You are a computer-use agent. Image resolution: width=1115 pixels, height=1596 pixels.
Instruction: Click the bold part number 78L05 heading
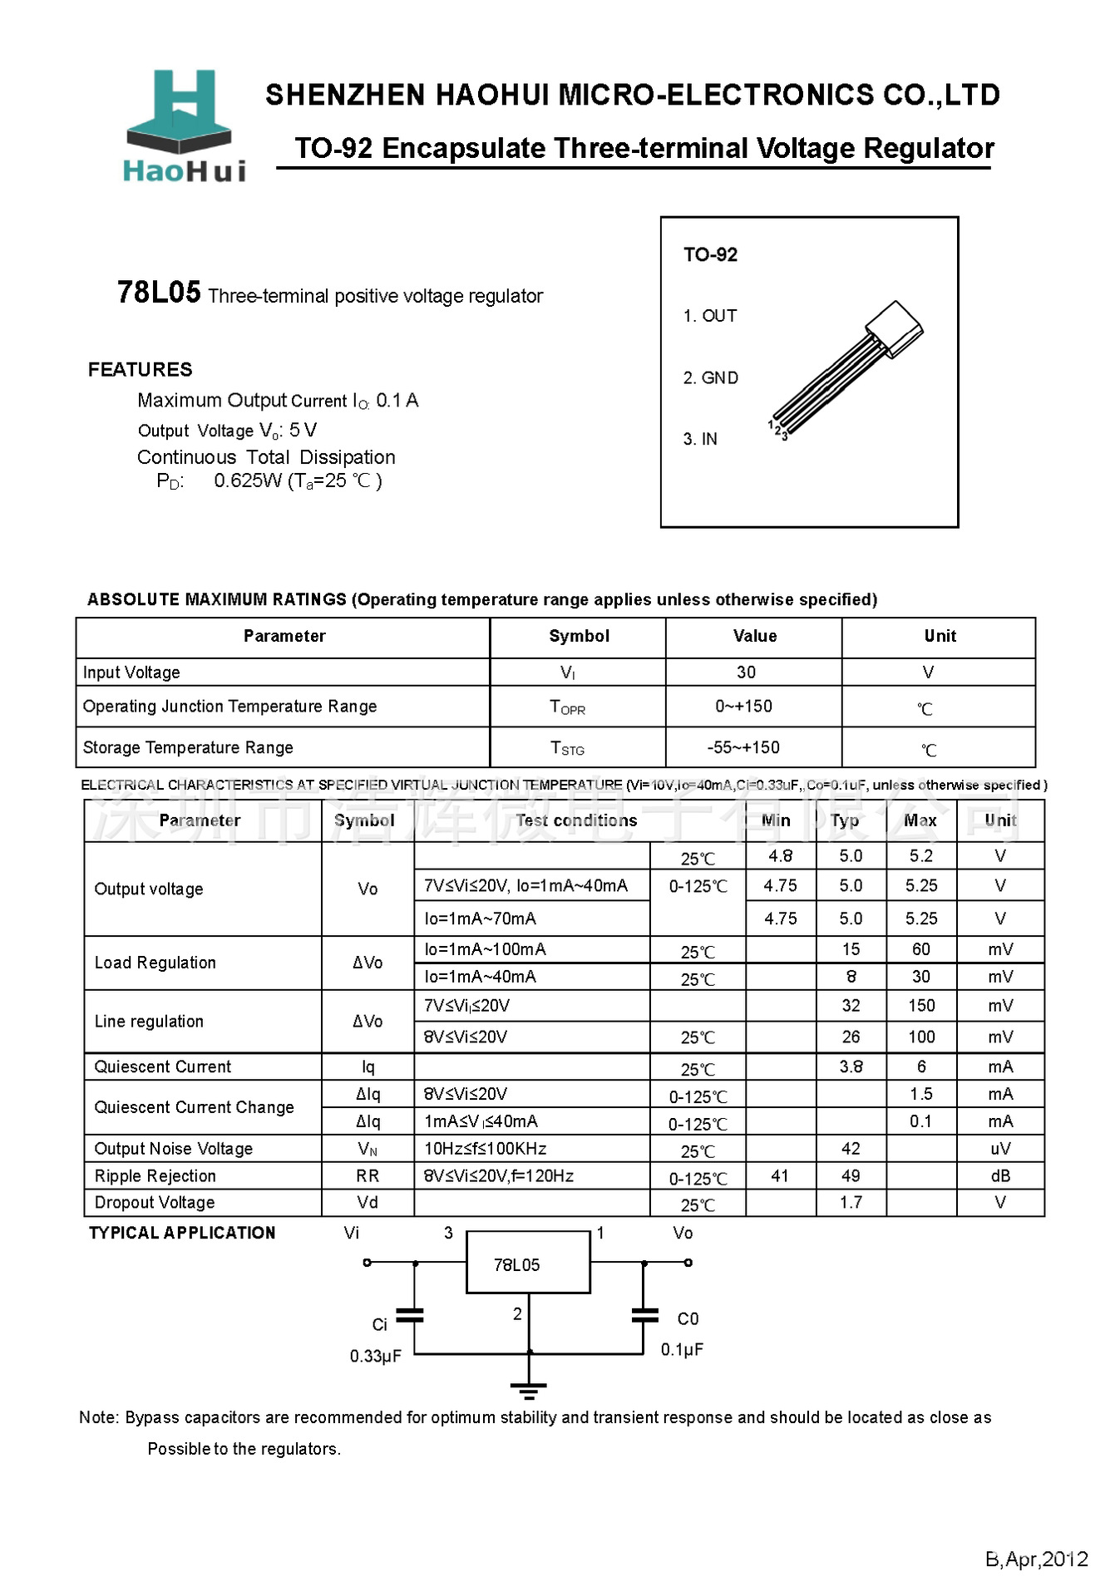click(159, 292)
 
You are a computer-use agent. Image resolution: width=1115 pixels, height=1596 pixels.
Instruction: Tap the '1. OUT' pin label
click(709, 316)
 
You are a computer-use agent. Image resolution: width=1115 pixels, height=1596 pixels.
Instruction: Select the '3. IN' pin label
click(699, 439)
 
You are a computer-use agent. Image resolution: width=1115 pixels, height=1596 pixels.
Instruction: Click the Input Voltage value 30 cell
click(746, 672)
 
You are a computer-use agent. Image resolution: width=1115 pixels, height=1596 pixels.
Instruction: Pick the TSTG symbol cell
click(568, 748)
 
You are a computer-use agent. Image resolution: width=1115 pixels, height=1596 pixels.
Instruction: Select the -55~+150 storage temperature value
click(743, 747)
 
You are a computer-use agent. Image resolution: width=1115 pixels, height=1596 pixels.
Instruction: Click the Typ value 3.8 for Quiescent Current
click(851, 1066)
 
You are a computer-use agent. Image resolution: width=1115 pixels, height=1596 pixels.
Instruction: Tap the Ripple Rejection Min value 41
click(779, 1175)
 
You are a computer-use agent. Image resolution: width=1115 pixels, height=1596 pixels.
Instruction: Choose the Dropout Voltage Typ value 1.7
click(851, 1203)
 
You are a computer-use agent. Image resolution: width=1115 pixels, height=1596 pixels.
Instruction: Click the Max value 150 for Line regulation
click(920, 1006)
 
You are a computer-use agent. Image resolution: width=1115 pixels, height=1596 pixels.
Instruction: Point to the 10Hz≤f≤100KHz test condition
click(486, 1149)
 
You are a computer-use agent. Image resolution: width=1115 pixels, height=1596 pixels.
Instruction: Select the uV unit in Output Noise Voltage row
click(999, 1149)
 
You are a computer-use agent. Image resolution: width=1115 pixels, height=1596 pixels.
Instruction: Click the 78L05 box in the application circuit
click(528, 1263)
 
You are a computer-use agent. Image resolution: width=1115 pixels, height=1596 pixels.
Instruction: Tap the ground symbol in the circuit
click(529, 1389)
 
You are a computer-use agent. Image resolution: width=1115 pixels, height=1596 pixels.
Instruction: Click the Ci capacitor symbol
click(410, 1315)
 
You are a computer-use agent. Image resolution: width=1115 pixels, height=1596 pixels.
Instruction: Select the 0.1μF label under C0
click(682, 1349)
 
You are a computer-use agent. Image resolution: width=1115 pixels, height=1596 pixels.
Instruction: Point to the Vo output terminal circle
click(688, 1263)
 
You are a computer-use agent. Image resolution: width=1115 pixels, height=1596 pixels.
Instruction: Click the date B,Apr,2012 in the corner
click(1036, 1559)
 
